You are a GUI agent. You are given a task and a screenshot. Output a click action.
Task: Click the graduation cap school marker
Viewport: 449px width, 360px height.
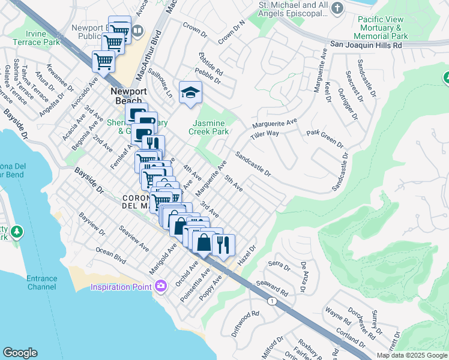pyautogui.click(x=190, y=93)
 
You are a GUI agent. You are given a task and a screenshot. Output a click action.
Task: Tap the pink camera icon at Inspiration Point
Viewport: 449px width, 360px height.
pyautogui.click(x=160, y=286)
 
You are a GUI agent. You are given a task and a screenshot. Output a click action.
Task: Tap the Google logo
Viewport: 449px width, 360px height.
pyautogui.click(x=20, y=353)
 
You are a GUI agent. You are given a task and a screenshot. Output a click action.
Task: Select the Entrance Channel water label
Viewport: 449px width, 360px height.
pyautogui.click(x=42, y=283)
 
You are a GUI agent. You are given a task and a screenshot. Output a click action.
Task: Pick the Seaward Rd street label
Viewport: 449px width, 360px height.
pyautogui.click(x=273, y=289)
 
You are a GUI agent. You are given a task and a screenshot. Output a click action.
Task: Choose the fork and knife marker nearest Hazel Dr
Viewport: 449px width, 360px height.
pyautogui.click(x=223, y=245)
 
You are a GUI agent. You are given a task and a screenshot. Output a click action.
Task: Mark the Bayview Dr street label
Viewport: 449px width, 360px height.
pyautogui.click(x=91, y=223)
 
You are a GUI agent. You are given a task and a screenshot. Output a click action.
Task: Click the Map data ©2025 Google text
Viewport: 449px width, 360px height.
pyautogui.click(x=412, y=355)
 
